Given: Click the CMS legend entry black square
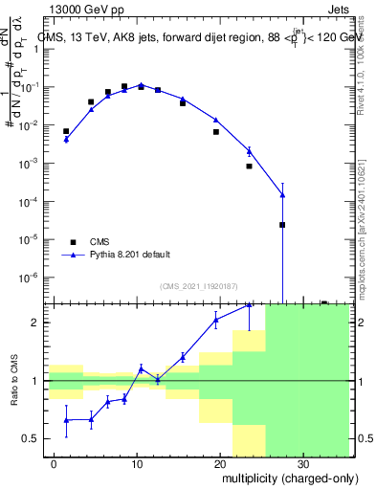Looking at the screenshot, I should [73, 241].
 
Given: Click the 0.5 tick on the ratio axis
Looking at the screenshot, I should [35, 438].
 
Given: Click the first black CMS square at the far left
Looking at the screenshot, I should [66, 131].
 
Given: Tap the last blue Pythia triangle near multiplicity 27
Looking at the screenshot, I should [282, 195].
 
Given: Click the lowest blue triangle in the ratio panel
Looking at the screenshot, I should [66, 420].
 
